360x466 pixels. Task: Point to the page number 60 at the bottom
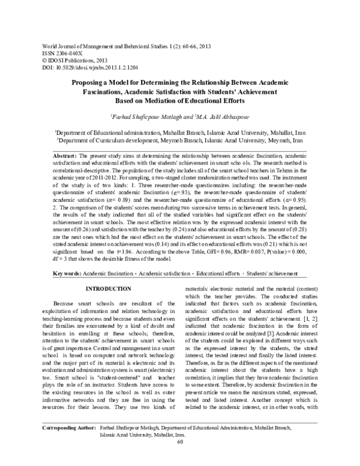[179, 459]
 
